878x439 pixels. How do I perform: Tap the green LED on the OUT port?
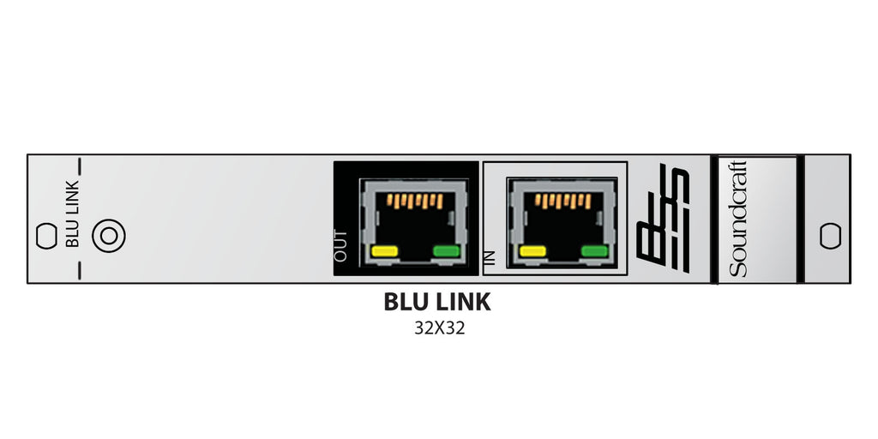[x=446, y=251]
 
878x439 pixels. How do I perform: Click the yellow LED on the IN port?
[x=532, y=251]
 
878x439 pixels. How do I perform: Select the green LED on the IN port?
[x=594, y=251]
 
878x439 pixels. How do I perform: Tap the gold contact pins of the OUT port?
[x=415, y=202]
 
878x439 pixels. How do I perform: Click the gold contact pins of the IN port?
[x=562, y=202]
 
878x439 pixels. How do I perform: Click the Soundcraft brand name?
[x=739, y=219]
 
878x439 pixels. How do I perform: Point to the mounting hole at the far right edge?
[x=829, y=235]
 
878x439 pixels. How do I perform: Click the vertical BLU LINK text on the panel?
[x=74, y=214]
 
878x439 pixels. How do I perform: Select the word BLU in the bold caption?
[x=406, y=303]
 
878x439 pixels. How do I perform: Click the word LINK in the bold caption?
[x=463, y=303]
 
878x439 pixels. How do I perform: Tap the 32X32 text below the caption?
[x=438, y=327]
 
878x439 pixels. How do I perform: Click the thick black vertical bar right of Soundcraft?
[x=801, y=219]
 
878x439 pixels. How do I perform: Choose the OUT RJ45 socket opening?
[x=414, y=225]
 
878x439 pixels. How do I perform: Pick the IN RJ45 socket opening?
[x=562, y=225]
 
